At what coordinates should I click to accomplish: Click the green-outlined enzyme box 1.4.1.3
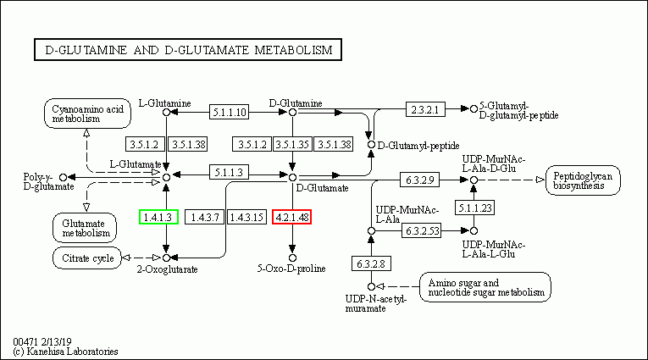point(158,217)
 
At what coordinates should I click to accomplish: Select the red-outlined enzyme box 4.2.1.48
point(291,217)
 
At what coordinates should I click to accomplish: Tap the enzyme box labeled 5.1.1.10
point(230,112)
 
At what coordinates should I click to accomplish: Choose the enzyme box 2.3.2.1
point(425,109)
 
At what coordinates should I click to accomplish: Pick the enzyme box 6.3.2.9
point(419,180)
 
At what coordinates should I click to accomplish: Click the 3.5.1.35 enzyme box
point(292,144)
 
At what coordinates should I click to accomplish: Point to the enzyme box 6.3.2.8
point(371,263)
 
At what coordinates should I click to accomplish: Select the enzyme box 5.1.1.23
point(475,208)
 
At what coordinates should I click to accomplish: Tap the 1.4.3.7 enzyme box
point(205,217)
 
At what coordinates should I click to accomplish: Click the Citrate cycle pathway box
point(87,258)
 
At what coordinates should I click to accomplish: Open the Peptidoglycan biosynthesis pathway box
point(583,180)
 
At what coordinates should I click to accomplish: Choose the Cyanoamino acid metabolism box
point(87,114)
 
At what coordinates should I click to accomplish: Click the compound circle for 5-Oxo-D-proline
point(292,258)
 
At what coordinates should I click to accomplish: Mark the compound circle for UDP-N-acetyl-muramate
point(371,286)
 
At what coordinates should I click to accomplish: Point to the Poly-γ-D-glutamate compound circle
point(64,177)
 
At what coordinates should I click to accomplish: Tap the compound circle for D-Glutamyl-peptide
point(371,145)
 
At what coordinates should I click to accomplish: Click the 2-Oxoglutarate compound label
point(168,269)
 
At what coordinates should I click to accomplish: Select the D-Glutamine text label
point(296,102)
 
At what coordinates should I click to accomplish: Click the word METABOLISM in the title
point(293,50)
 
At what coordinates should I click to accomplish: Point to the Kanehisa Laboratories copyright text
point(66,352)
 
